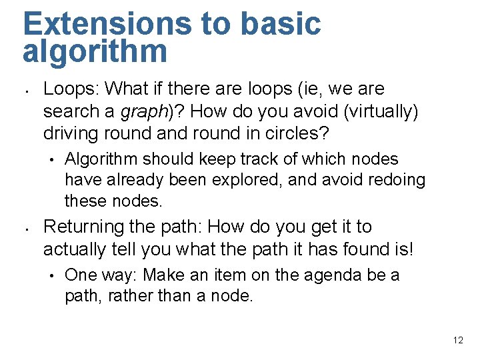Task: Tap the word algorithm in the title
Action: [95, 52]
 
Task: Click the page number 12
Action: [457, 340]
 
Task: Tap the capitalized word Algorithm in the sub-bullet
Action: [102, 159]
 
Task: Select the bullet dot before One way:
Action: [51, 275]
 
